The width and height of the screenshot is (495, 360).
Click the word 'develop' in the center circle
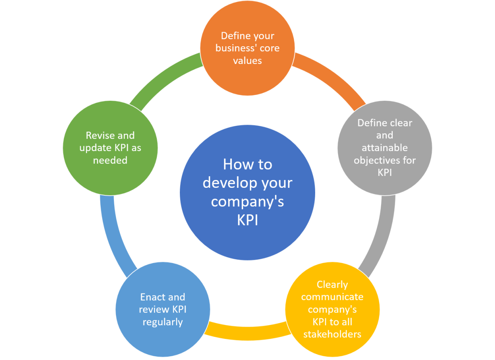(229, 183)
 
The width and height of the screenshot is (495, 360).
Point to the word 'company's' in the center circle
(247, 201)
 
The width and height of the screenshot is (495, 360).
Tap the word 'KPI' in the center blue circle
(247, 220)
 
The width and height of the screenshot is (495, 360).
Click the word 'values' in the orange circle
(247, 61)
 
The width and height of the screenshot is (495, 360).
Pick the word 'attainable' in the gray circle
(385, 148)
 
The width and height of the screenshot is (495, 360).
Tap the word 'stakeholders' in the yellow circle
(332, 334)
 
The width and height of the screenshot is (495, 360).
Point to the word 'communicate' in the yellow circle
(332, 297)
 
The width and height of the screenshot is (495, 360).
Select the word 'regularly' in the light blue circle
(163, 322)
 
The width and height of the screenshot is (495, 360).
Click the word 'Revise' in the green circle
(98, 135)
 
